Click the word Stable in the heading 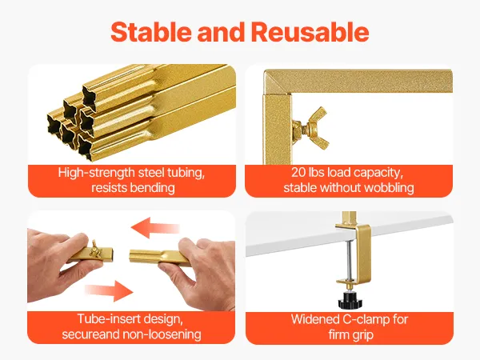click(x=152, y=32)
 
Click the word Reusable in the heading click(x=310, y=32)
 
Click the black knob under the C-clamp click(x=350, y=300)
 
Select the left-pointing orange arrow click(x=155, y=228)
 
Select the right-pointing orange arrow click(x=109, y=290)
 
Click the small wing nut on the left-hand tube click(x=95, y=250)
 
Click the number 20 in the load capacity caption click(x=298, y=172)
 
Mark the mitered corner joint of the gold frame click(x=278, y=82)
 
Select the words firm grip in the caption click(x=351, y=334)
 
